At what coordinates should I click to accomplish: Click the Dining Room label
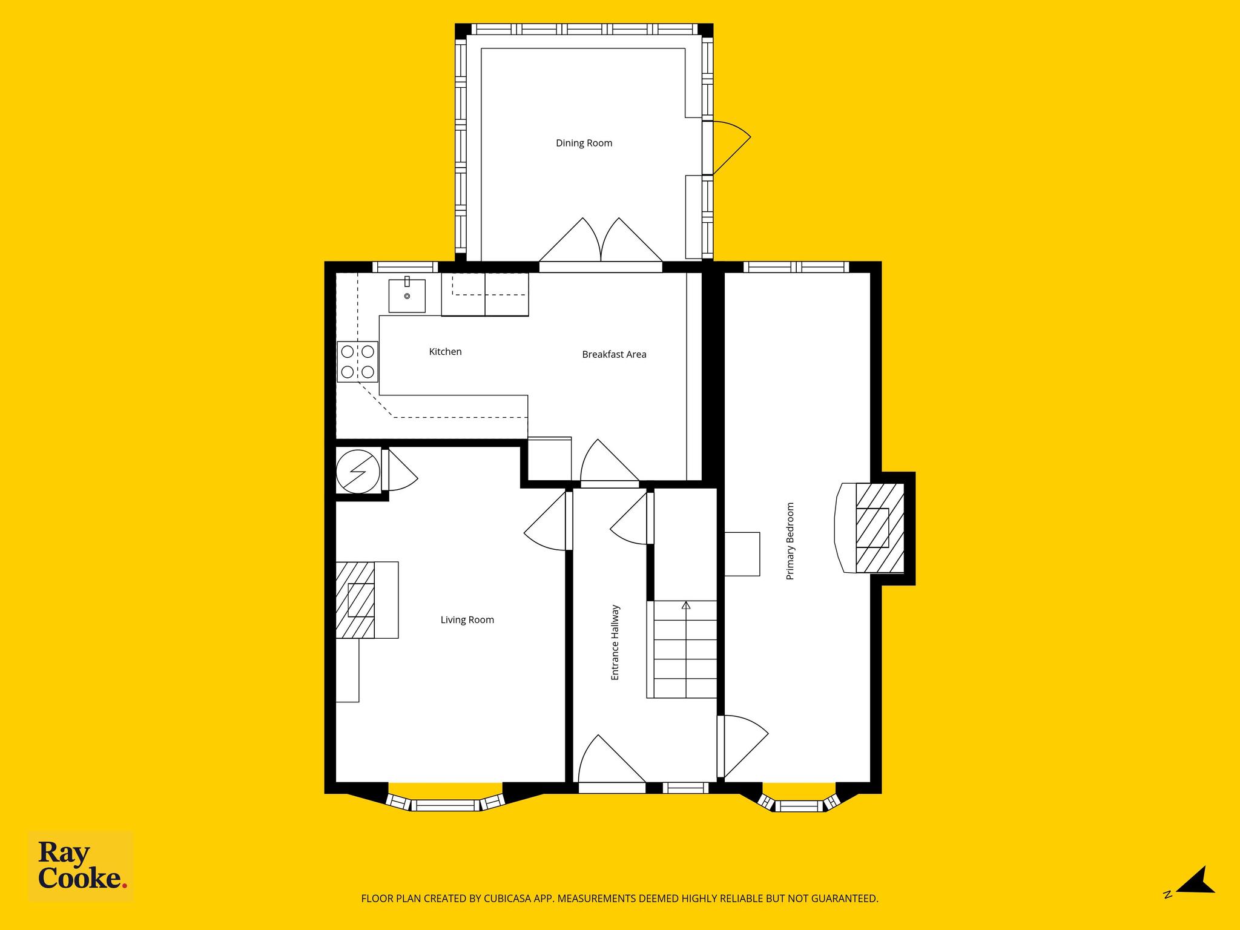tap(584, 143)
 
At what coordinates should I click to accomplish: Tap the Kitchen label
tap(445, 352)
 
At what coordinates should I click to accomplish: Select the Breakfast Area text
tap(614, 354)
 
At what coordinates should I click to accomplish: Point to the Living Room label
tap(467, 619)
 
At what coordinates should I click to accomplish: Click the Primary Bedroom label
tap(790, 541)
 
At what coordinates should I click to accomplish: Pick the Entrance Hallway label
tap(615, 642)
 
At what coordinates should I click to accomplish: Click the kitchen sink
tap(407, 295)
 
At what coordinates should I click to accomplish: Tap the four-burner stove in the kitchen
tap(358, 361)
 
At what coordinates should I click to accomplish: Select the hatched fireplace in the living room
tap(355, 599)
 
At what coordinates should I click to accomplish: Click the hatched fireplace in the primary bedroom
tap(880, 528)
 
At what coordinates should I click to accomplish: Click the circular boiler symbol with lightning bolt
tap(358, 472)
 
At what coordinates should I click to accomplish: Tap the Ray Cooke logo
tap(81, 867)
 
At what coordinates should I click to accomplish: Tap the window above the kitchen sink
tap(405, 267)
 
